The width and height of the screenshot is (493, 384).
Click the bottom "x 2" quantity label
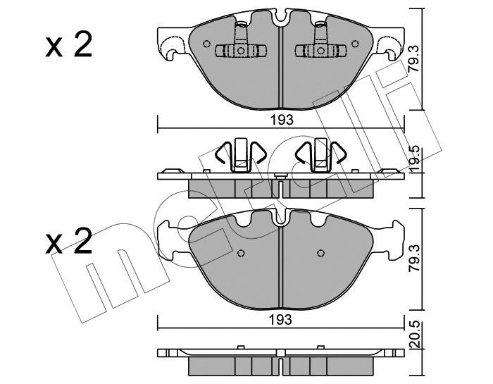69,241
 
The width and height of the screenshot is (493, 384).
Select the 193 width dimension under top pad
282,120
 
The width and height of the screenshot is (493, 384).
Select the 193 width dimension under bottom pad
281,320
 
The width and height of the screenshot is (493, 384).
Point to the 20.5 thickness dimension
416,334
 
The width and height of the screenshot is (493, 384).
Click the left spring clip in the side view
241,155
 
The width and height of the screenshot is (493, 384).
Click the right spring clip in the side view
320,155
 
